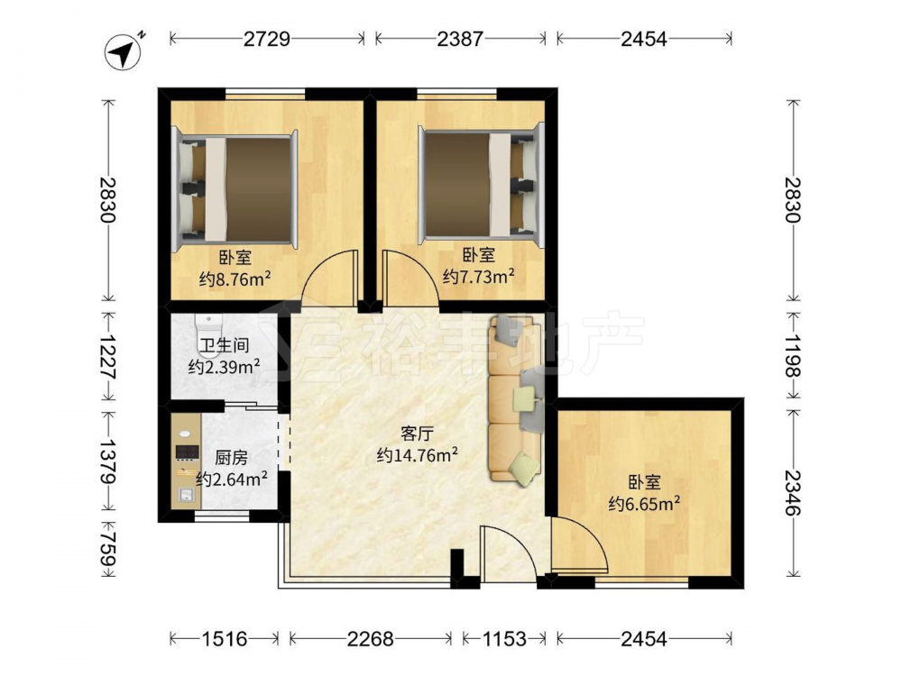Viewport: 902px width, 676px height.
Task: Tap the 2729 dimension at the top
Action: [x=266, y=39]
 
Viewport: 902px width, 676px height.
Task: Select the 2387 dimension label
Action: [x=460, y=39]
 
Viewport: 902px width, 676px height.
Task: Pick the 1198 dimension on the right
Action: [x=793, y=356]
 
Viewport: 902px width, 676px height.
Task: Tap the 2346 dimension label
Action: [x=793, y=493]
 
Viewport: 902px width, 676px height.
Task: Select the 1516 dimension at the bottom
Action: [x=225, y=639]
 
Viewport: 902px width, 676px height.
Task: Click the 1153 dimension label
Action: [x=504, y=639]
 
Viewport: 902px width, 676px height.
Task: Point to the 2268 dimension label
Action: [x=371, y=639]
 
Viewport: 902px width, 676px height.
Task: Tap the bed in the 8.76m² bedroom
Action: [x=236, y=189]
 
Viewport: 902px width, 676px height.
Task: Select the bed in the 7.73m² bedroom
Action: [x=481, y=185]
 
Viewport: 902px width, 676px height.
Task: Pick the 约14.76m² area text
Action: [x=417, y=455]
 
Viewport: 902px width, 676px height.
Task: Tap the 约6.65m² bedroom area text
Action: [x=645, y=504]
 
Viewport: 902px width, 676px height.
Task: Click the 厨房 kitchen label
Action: [x=232, y=458]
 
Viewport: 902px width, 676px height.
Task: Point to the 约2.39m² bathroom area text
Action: [x=224, y=366]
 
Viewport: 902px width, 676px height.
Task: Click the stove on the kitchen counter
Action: [x=187, y=452]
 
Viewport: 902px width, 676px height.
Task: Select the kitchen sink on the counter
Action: [x=186, y=494]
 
